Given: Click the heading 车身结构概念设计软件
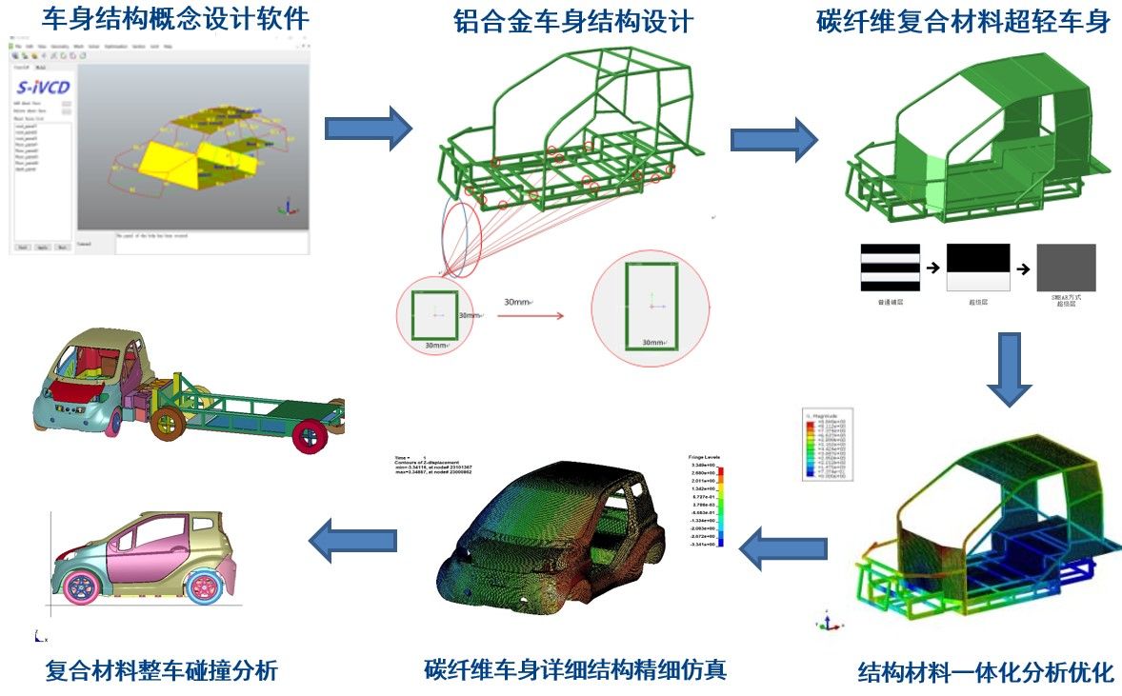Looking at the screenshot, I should (x=161, y=18).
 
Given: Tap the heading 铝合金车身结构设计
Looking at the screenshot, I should (x=573, y=21).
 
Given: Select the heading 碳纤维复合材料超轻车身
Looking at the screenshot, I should (x=964, y=21).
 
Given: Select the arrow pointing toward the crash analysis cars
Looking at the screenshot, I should (x=353, y=541).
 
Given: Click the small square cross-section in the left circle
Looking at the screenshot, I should (x=433, y=314).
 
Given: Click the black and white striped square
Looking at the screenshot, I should (x=890, y=268).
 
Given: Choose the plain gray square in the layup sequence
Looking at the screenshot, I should (x=1066, y=268).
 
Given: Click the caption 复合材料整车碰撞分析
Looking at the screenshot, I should (x=162, y=670).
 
